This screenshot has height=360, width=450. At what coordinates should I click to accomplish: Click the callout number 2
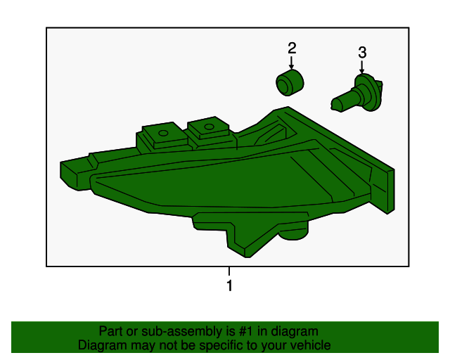click(292, 49)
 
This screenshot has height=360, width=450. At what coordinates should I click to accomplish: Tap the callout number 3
click(362, 53)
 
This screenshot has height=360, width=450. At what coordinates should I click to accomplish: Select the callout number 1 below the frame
click(229, 285)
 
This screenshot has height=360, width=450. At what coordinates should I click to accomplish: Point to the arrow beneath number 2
click(292, 63)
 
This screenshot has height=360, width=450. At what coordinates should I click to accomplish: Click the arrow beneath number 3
click(362, 67)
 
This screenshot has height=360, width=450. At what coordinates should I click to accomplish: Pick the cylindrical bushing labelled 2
click(290, 83)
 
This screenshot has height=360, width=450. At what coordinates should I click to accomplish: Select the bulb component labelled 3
click(356, 93)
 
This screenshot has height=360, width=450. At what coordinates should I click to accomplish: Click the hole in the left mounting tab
click(163, 133)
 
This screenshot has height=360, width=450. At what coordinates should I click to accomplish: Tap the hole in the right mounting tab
click(209, 127)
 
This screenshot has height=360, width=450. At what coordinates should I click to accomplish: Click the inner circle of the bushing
click(284, 85)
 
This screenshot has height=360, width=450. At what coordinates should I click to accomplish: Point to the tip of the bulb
click(333, 105)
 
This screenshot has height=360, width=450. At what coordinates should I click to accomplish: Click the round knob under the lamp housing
click(293, 231)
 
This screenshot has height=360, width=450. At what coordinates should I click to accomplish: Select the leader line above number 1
click(229, 271)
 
